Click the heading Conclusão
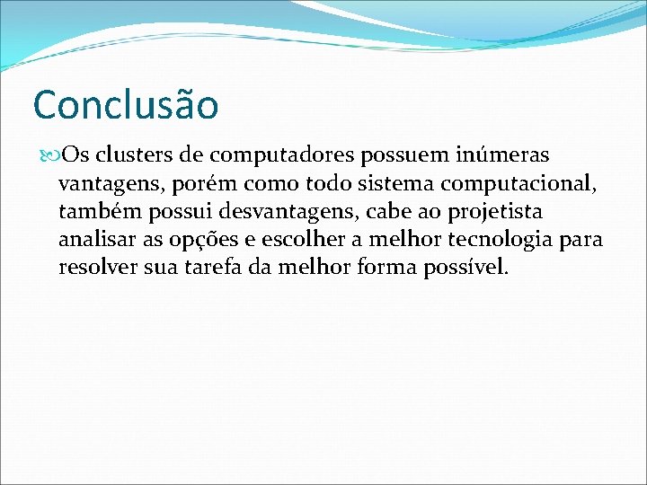tap(125, 106)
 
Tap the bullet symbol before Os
tap(49, 157)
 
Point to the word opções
tap(202, 242)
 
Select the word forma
tap(389, 268)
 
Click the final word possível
tap(470, 269)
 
